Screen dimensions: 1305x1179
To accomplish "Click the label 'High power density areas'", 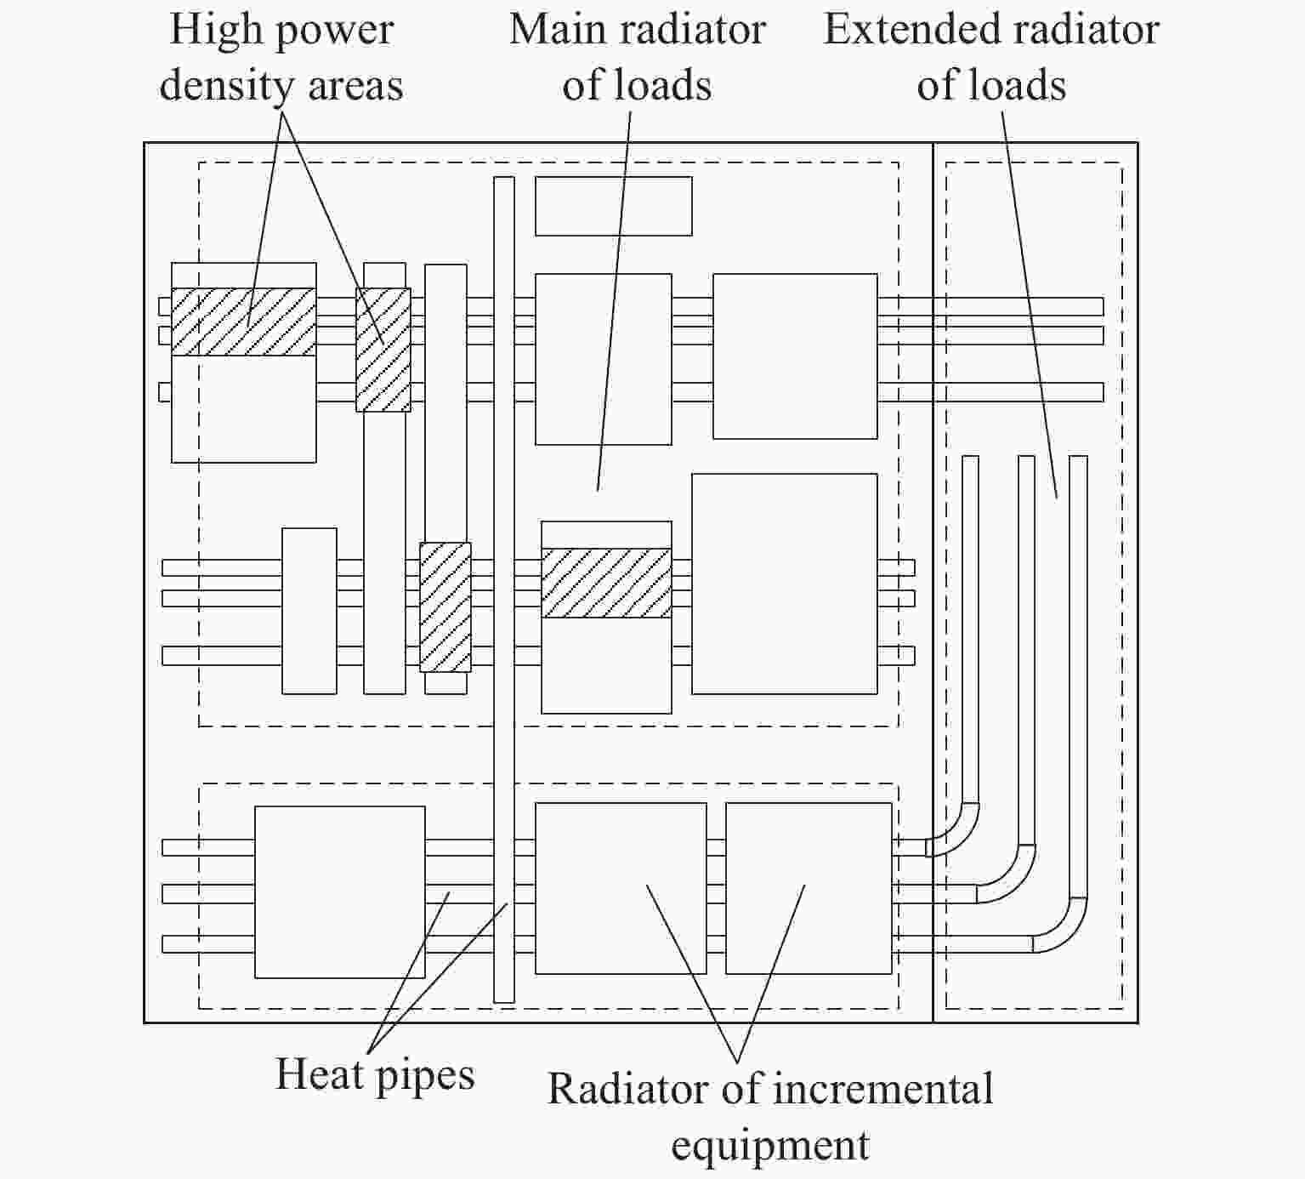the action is click(281, 58).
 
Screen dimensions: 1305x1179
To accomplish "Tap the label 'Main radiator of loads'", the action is click(638, 58).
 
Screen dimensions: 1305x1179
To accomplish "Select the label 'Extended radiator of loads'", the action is click(991, 58).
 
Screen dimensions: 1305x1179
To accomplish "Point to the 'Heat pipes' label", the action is click(375, 1074).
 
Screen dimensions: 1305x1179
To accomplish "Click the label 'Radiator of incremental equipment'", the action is click(770, 1116).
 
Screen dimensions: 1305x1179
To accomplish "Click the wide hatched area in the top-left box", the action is click(244, 322).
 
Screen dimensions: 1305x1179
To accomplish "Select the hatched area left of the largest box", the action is click(606, 583).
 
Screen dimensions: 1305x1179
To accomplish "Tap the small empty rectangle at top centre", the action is click(613, 206).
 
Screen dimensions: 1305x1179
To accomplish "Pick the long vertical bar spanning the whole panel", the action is click(504, 589).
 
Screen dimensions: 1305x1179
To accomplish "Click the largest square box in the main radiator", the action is click(785, 584).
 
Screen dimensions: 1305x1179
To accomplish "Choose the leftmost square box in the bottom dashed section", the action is click(340, 891).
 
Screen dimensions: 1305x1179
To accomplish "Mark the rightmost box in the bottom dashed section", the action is click(809, 888).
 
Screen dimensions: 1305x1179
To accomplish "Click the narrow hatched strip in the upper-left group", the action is click(383, 350).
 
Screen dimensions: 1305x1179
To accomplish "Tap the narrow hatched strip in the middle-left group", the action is click(445, 607).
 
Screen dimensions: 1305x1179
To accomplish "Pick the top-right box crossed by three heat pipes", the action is click(795, 356).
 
